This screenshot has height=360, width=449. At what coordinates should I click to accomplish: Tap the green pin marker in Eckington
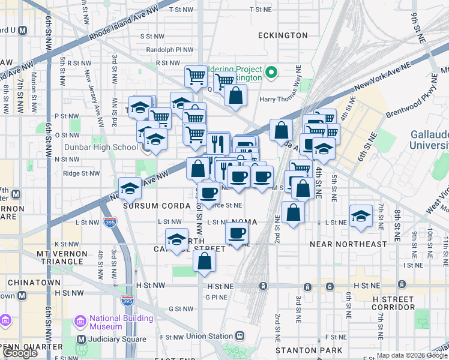[x=271, y=73]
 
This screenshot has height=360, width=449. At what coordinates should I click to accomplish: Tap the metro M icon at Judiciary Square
[x=81, y=340]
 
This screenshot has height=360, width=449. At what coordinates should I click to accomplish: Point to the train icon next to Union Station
[x=240, y=336]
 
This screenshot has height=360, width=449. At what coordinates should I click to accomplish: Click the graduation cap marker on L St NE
[x=360, y=215]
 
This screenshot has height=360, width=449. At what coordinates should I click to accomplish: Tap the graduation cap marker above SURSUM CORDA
[x=130, y=188]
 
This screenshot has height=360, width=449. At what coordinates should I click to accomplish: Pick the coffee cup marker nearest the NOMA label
[x=237, y=233]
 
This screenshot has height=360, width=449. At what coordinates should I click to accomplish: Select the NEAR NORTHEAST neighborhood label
[x=348, y=244]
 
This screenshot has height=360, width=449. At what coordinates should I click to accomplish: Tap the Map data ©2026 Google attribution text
[x=411, y=355]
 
